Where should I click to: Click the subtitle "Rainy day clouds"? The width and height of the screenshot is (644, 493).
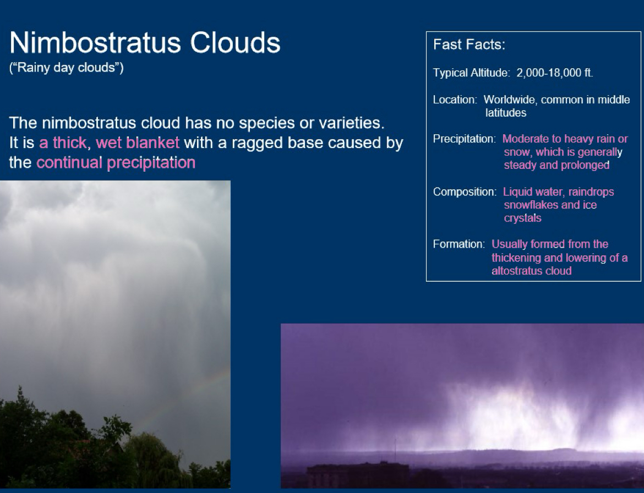67,69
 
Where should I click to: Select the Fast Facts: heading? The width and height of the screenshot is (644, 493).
469,45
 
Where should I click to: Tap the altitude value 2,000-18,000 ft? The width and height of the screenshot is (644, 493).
554,73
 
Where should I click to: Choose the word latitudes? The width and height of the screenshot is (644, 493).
505,113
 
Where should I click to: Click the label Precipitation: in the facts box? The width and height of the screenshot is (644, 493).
464,139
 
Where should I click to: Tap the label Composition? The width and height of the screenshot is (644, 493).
465,192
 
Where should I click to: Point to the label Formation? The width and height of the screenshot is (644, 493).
459,244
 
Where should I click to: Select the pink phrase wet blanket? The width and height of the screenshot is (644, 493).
138,143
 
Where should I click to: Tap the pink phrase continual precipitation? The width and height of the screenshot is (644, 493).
116,163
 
